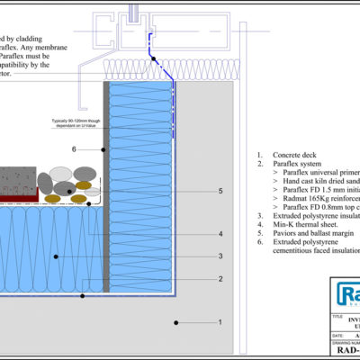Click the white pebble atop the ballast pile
(x=62, y=173)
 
